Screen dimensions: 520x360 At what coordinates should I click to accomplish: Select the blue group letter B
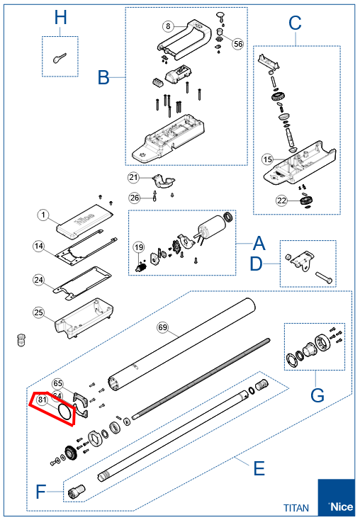pyautogui.click(x=104, y=77)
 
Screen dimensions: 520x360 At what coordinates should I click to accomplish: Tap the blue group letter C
pyautogui.click(x=295, y=23)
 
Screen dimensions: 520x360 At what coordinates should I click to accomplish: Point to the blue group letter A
pyautogui.click(x=259, y=244)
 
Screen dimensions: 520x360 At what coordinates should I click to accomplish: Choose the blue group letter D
pyautogui.click(x=259, y=266)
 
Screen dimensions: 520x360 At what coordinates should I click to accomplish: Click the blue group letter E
pyautogui.click(x=259, y=468)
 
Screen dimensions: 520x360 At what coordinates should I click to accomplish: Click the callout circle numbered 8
pyautogui.click(x=167, y=26)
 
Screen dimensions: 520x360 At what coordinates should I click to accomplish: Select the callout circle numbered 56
pyautogui.click(x=238, y=43)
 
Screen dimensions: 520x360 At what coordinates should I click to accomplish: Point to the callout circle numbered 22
pyautogui.click(x=281, y=201)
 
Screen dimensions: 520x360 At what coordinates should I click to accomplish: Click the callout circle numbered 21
pyautogui.click(x=134, y=176)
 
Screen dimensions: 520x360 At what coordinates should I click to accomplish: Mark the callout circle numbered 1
pyautogui.click(x=43, y=213)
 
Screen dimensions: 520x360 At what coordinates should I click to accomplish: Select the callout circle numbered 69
pyautogui.click(x=162, y=327)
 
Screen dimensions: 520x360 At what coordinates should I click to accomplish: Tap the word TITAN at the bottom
pyautogui.click(x=296, y=508)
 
